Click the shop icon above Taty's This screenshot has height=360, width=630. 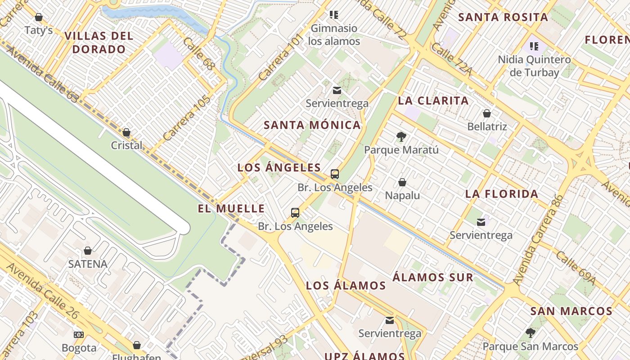click(x=39, y=17)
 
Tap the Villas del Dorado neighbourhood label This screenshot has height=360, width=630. click(x=99, y=42)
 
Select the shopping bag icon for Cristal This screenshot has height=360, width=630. click(x=126, y=132)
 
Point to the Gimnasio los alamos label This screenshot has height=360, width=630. click(x=334, y=35)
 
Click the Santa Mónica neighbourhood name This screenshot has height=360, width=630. click(x=312, y=125)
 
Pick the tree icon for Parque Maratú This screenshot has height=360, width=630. click(x=401, y=137)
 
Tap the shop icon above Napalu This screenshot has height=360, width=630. click(x=402, y=182)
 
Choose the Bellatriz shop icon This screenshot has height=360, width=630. click(x=486, y=113)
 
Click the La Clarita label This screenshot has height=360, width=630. click(x=433, y=101)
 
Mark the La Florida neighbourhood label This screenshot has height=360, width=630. click(x=502, y=194)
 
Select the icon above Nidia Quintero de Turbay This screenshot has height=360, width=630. click(x=534, y=46)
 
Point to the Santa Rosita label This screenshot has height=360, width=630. click(x=503, y=18)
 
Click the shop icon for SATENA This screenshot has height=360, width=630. click(x=88, y=251)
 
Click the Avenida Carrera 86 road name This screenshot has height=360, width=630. click(x=538, y=239)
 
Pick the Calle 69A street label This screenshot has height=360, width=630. click(x=576, y=268)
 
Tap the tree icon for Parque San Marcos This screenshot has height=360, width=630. click(x=530, y=333)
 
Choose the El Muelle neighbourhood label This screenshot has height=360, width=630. click(x=231, y=208)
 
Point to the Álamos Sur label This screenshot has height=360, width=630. click(x=433, y=277)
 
